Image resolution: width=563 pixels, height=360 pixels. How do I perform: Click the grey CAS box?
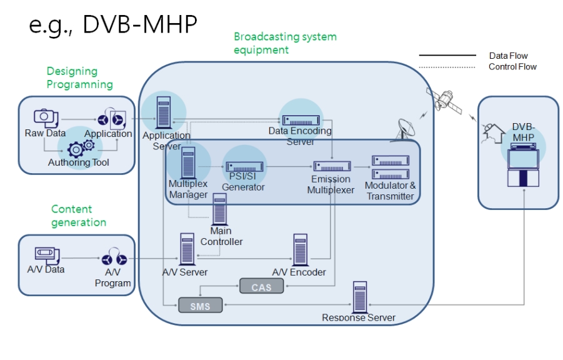(261, 286)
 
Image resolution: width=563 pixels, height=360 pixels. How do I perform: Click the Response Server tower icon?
(359, 296)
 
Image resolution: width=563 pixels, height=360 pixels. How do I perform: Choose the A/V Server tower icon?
(186, 249)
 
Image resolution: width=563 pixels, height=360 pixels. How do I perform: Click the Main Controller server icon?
(220, 209)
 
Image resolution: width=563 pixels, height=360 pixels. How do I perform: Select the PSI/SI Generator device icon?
(244, 167)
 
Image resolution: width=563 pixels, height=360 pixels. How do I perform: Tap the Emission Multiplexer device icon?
(332, 166)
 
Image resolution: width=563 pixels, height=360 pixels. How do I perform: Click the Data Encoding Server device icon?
(299, 119)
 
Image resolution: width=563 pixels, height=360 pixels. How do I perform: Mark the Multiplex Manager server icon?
(189, 161)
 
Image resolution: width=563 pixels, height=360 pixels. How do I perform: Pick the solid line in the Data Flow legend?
(447, 56)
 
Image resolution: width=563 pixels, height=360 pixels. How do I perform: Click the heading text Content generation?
(79, 216)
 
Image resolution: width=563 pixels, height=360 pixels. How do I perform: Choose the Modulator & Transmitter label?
(391, 191)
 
